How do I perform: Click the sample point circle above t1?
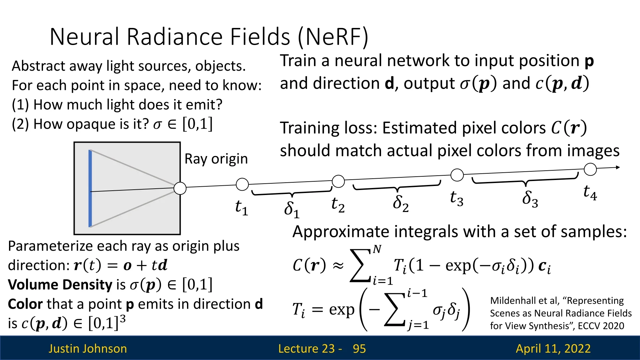(x=242, y=184)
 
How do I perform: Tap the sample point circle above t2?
(x=338, y=181)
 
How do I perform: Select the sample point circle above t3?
(x=457, y=175)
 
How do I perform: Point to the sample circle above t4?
(x=590, y=169)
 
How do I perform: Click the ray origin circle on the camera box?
(x=180, y=188)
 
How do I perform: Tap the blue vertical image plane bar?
(x=90, y=188)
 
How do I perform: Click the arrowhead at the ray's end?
(x=618, y=167)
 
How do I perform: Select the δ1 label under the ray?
(x=292, y=209)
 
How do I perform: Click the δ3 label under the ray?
(x=530, y=199)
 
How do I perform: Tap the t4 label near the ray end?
(x=590, y=193)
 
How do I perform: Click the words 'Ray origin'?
(x=216, y=159)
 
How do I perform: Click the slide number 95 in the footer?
(x=359, y=349)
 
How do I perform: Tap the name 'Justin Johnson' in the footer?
(x=88, y=349)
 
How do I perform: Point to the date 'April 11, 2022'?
(x=553, y=349)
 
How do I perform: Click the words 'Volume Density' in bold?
(x=60, y=285)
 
